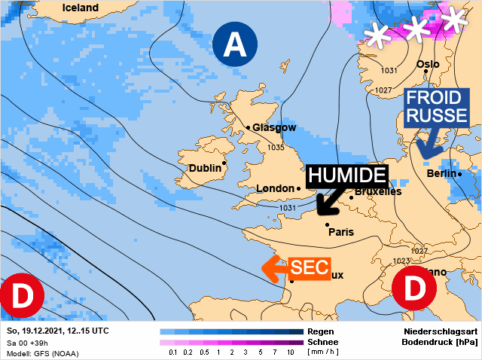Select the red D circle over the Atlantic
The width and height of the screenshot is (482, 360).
click(20, 297)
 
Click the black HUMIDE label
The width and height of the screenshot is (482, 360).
click(346, 175)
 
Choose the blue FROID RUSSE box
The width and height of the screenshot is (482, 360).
click(437, 107)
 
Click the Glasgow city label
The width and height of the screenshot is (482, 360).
click(274, 127)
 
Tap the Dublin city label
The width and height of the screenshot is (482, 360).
click(204, 168)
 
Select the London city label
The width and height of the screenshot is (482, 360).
click(274, 188)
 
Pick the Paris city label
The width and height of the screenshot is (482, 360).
click(341, 232)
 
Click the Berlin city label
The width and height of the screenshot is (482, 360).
click(442, 174)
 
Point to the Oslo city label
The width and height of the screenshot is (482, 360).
click(428, 64)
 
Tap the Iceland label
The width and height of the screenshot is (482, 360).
click(81, 8)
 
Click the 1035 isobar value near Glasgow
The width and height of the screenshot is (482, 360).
click(276, 148)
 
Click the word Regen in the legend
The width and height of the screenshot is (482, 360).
click(321, 331)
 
